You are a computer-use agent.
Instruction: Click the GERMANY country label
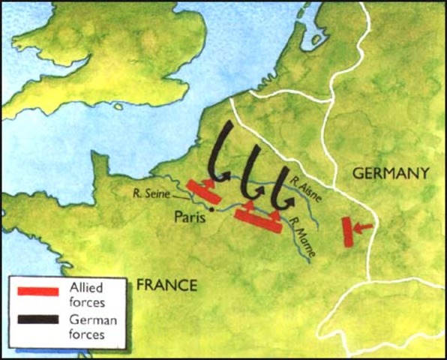[391, 173]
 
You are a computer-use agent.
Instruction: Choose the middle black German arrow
[251, 176]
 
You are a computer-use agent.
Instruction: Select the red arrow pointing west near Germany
[364, 226]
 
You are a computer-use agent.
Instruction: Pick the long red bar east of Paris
[258, 221]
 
